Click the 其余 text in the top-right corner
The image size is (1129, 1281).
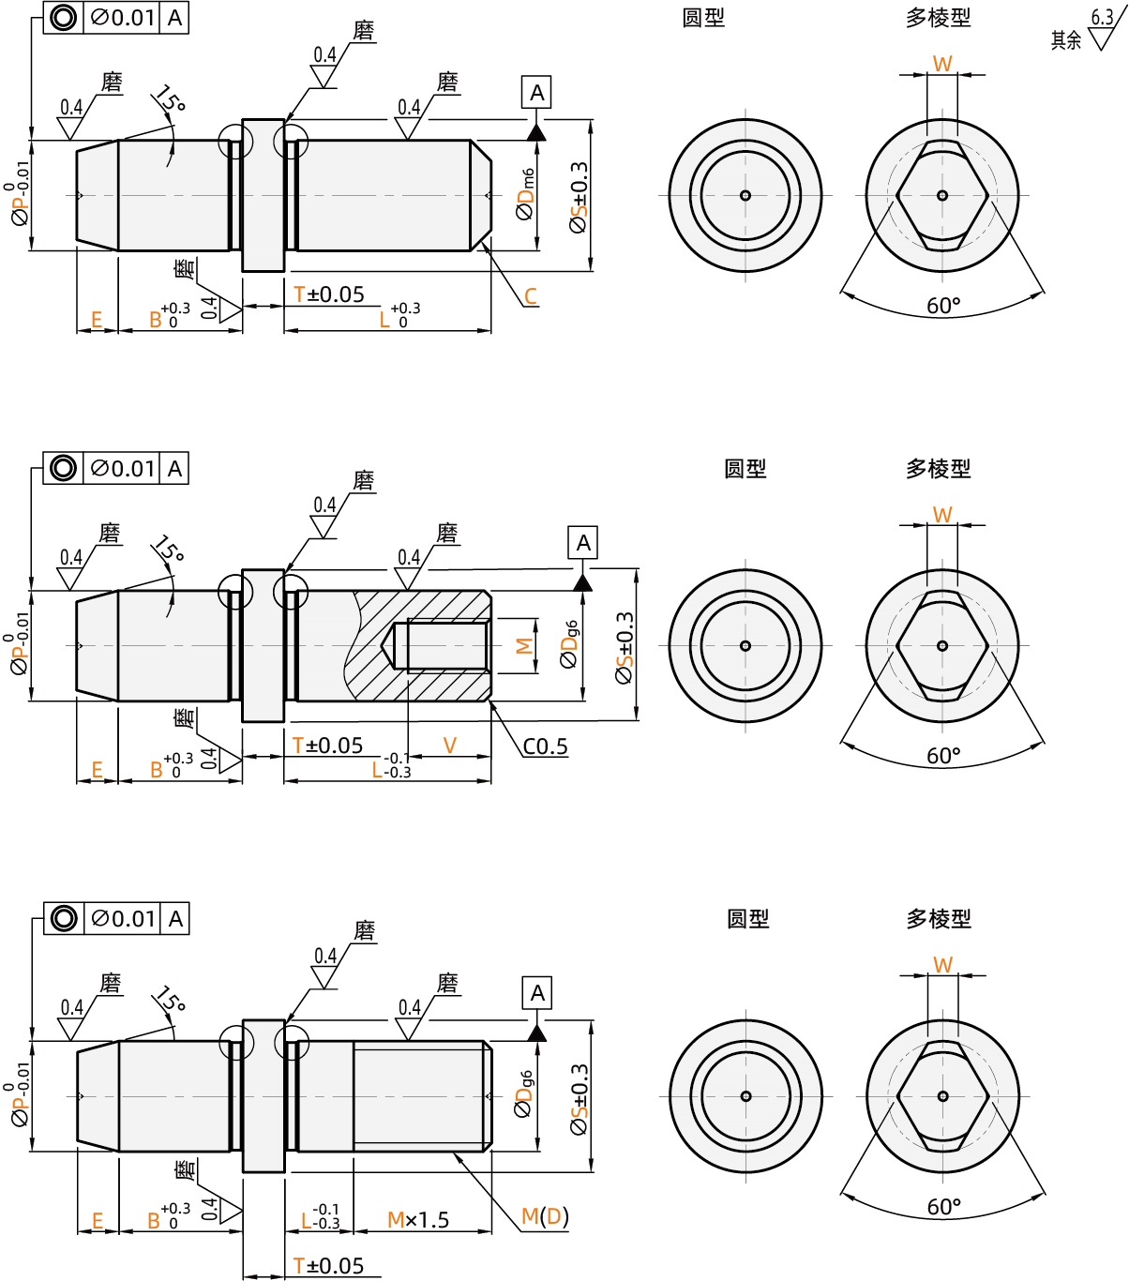1066,40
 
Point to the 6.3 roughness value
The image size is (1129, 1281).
1102,18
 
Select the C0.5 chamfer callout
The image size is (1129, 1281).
545,746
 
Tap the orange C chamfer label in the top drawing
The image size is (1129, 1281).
531,296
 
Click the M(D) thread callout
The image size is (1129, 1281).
545,1216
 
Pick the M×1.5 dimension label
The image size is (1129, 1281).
418,1220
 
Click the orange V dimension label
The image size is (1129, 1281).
450,746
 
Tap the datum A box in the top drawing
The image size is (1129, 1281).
536,93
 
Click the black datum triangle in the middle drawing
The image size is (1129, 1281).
582,583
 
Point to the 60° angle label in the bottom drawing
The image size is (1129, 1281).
943,1207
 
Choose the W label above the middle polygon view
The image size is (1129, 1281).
942,514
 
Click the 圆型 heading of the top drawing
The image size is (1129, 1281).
703,18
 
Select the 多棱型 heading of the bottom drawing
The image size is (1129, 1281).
938,919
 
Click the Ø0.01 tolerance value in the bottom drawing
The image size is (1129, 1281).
123,919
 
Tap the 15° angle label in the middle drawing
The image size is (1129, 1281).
169,550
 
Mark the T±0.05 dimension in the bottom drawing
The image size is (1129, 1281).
328,1266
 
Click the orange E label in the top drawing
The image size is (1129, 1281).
96,320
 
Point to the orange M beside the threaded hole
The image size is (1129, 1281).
524,645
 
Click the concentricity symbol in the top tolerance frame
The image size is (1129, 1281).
63,18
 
